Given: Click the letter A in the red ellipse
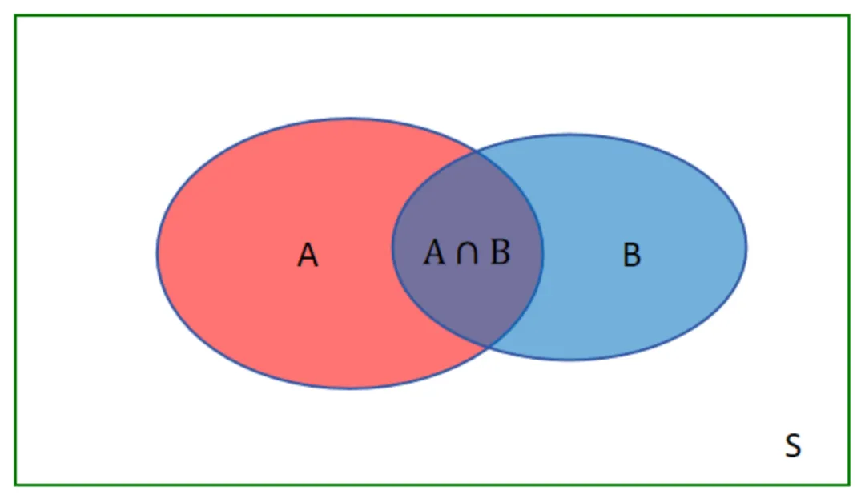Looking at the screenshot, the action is click(x=308, y=256).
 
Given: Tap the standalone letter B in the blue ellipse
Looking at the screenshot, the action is click(x=631, y=256).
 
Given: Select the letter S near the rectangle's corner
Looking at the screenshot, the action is click(x=792, y=445).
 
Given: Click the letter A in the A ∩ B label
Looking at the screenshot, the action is click(x=433, y=252).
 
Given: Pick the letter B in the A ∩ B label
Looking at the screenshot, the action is click(x=500, y=252).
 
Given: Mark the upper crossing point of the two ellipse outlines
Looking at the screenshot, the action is click(x=477, y=150).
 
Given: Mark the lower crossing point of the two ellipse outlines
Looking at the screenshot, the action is click(x=489, y=346).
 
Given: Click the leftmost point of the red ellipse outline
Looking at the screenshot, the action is click(x=157, y=253).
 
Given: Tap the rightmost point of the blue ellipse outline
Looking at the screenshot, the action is click(x=746, y=247).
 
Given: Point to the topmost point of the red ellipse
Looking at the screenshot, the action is click(x=350, y=119).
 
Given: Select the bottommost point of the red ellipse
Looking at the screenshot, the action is click(x=350, y=388).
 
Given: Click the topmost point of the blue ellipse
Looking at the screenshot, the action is click(x=569, y=135).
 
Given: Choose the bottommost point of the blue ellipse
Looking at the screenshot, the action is click(x=569, y=360).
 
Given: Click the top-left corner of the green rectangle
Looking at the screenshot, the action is click(x=15, y=15).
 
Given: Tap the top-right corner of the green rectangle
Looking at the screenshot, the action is click(x=849, y=15).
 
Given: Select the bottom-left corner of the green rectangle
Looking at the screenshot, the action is click(x=15, y=485).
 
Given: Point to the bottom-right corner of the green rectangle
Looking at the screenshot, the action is click(x=849, y=485).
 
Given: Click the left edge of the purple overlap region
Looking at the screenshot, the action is click(x=392, y=247).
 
